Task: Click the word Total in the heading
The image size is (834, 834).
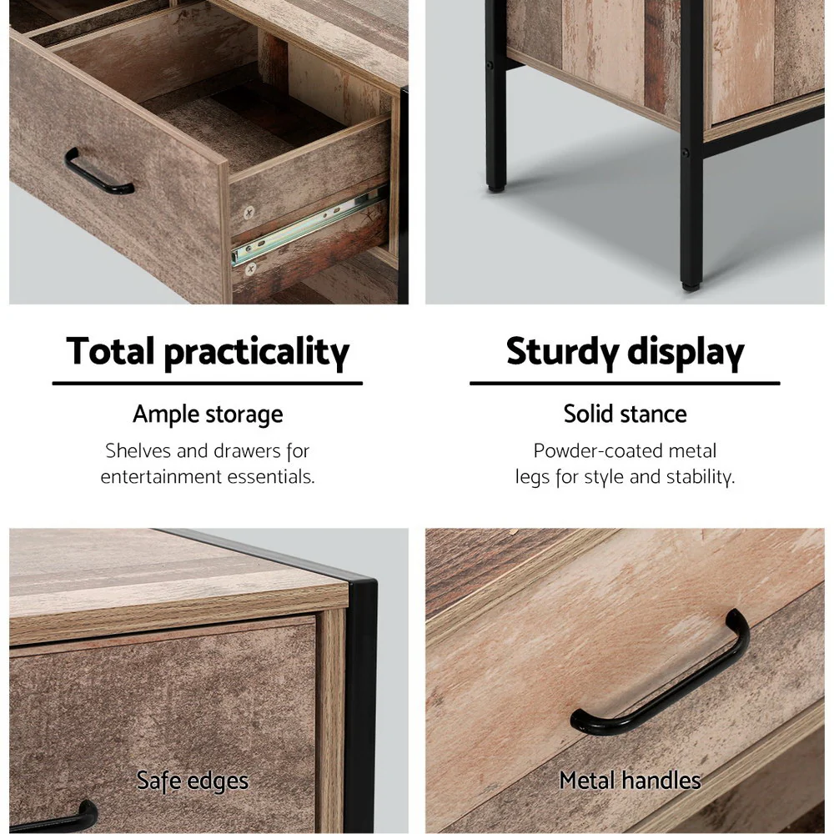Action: pos(111,351)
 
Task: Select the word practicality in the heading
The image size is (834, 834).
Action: pos(256,353)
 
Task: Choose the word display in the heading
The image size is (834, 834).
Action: pos(686,353)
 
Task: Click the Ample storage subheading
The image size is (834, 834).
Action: pos(208,414)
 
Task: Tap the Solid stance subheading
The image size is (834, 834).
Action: pos(625,414)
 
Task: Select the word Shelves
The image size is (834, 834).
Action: pos(138,451)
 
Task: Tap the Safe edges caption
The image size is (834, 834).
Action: pos(193,781)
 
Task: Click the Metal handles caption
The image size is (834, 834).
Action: pos(630,781)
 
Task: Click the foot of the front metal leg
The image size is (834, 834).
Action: pos(691,282)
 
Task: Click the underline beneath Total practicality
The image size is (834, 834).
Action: pos(208,384)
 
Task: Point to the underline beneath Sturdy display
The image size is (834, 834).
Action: pos(625,384)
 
